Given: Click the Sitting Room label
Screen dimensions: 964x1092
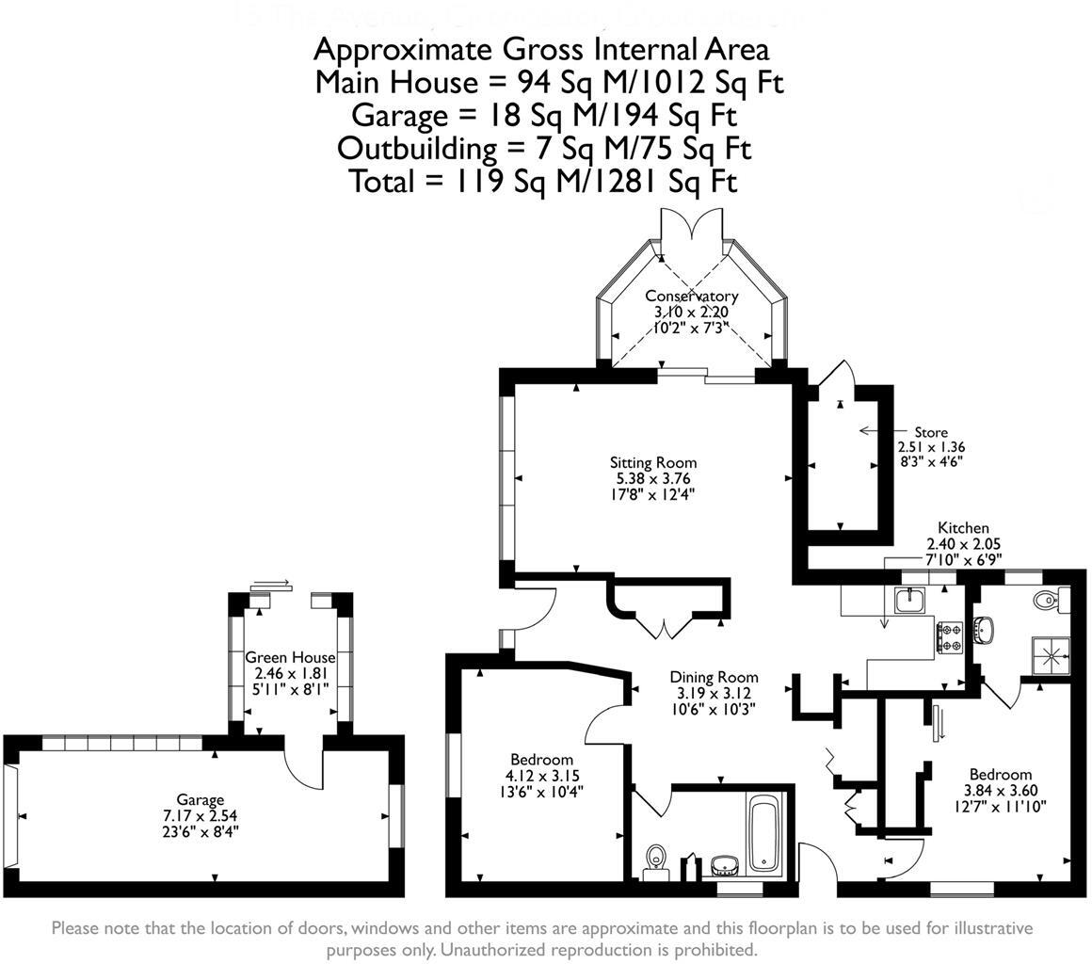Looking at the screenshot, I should pos(652,462).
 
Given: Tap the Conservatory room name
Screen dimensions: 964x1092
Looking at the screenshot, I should pos(691,296).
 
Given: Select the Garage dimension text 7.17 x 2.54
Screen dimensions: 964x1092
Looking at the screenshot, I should pos(200,816).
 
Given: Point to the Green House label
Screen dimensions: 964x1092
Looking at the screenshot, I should pos(290,658).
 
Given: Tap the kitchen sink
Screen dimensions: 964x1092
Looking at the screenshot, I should pos(910,600).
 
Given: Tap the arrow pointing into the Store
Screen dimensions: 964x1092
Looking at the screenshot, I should pos(875,431).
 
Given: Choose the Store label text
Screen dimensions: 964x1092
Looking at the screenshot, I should pos(930,432).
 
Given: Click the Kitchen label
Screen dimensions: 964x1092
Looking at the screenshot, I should pos(963,528).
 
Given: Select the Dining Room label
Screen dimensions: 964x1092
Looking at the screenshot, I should pos(714,677).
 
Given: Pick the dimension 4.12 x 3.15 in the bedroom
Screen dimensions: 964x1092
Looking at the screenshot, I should pos(541,776).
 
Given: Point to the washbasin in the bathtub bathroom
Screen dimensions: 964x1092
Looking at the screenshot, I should pos(724,862).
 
